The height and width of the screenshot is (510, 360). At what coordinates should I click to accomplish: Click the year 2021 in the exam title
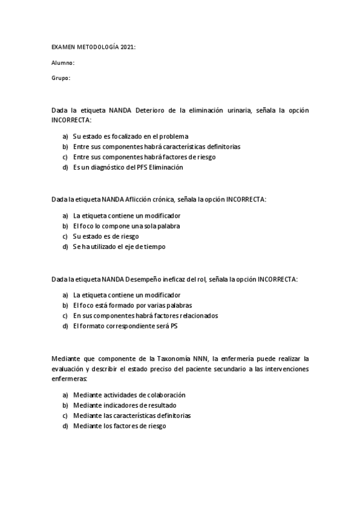pos(127,47)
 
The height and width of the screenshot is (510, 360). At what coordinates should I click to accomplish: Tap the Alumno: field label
pos(63,63)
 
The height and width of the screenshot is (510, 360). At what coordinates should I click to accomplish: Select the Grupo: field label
pos(61,78)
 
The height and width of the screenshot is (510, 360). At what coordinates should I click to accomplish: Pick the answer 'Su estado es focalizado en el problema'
pos(130,136)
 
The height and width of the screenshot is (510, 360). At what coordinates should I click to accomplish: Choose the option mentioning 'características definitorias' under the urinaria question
pos(156,146)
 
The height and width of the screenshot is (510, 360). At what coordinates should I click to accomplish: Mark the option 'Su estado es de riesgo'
pos(106,236)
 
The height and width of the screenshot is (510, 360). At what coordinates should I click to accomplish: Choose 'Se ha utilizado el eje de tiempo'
pos(119,246)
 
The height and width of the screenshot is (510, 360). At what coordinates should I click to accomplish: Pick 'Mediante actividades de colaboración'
pos(129,395)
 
